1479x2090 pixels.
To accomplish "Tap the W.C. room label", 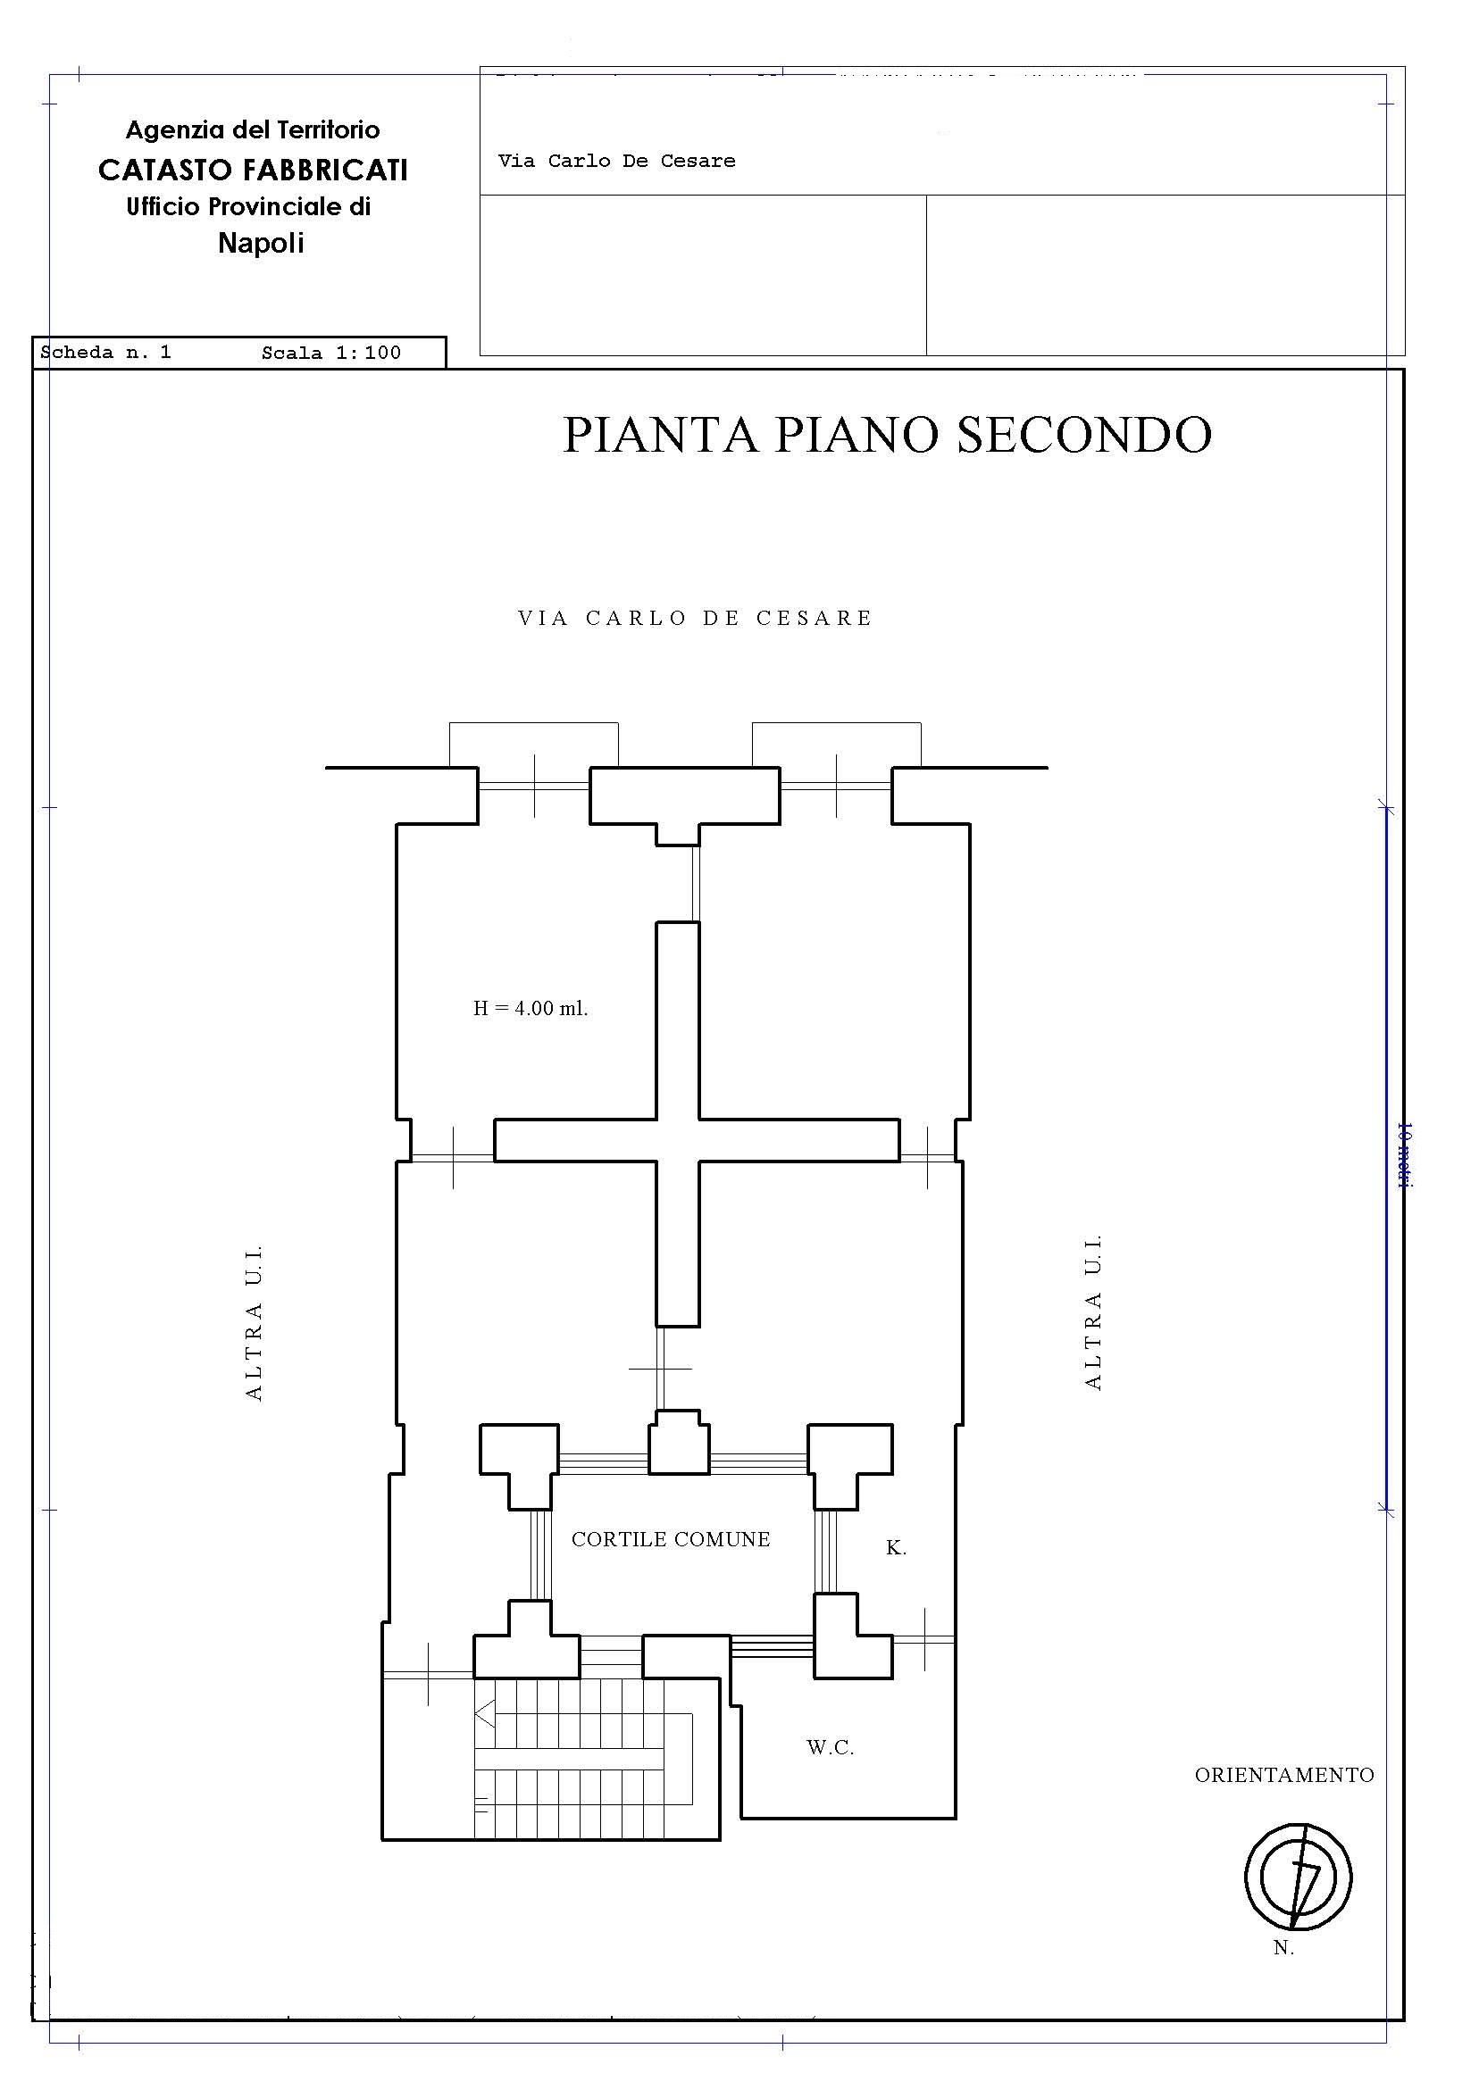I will (830, 1747).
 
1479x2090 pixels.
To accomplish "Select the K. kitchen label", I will (896, 1547).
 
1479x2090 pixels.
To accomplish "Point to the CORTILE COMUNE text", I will (671, 1539).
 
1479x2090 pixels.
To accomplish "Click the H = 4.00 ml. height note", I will (530, 1009).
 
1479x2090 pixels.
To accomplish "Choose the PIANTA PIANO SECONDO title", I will (887, 434).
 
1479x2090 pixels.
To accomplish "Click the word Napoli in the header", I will (261, 243).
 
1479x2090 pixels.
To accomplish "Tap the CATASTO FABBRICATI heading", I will (253, 171).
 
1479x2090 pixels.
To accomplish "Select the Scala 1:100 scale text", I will (330, 354).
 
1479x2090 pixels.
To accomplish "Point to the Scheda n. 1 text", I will (105, 353).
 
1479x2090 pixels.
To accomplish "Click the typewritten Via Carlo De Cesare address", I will (616, 161).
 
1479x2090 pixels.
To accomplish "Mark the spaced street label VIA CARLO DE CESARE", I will (695, 618).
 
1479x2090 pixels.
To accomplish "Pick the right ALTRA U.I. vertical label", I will (1094, 1311).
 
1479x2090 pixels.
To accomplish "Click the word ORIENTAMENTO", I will (1284, 1775).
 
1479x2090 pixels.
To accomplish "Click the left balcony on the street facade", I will (534, 745).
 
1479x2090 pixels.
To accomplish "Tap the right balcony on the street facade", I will (836, 745).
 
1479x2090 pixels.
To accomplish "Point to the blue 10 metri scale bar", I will (1386, 1158).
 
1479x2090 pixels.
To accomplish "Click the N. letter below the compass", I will (1283, 1948).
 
